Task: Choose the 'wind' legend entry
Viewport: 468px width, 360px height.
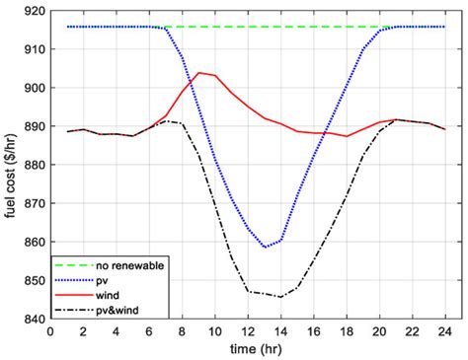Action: point(110,294)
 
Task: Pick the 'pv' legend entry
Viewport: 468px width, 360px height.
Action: point(105,279)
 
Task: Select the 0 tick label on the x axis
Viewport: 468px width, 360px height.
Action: point(50,331)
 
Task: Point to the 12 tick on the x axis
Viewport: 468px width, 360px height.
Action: point(249,331)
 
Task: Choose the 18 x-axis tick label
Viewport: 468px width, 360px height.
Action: point(348,331)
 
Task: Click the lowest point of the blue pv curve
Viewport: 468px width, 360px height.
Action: point(265,247)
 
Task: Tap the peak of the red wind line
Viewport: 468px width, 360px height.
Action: point(199,72)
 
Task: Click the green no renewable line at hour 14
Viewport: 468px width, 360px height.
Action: point(281,27)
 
